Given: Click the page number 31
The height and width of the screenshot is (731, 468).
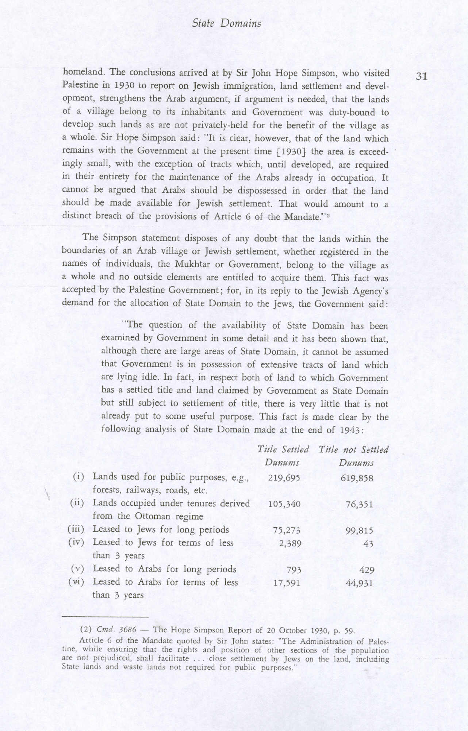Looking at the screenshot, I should pyautogui.click(x=421, y=76).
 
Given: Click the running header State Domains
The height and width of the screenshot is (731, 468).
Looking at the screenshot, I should pyautogui.click(x=226, y=24).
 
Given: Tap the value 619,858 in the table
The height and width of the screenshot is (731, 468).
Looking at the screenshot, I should pyautogui.click(x=356, y=478).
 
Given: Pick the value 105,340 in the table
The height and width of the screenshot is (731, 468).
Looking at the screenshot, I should pyautogui.click(x=284, y=504).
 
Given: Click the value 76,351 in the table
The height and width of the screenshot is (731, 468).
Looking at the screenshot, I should pyautogui.click(x=359, y=504).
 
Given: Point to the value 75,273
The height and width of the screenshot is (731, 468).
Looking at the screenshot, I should pyautogui.click(x=287, y=530).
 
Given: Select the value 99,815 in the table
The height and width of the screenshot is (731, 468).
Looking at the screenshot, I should pyautogui.click(x=359, y=530).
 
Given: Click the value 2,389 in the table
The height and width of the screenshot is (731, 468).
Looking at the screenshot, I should pyautogui.click(x=290, y=543).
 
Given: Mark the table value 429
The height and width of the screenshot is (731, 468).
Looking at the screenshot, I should pyautogui.click(x=367, y=570).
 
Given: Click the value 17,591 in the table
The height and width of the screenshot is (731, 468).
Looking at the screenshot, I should pyautogui.click(x=287, y=583).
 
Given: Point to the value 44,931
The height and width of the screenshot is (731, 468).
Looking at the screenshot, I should pyautogui.click(x=359, y=583).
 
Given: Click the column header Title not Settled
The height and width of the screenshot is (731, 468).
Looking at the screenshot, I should pyautogui.click(x=353, y=449).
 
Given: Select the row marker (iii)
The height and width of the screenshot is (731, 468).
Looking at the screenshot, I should pyautogui.click(x=76, y=529).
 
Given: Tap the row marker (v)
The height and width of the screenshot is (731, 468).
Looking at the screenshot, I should pyautogui.click(x=77, y=569).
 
